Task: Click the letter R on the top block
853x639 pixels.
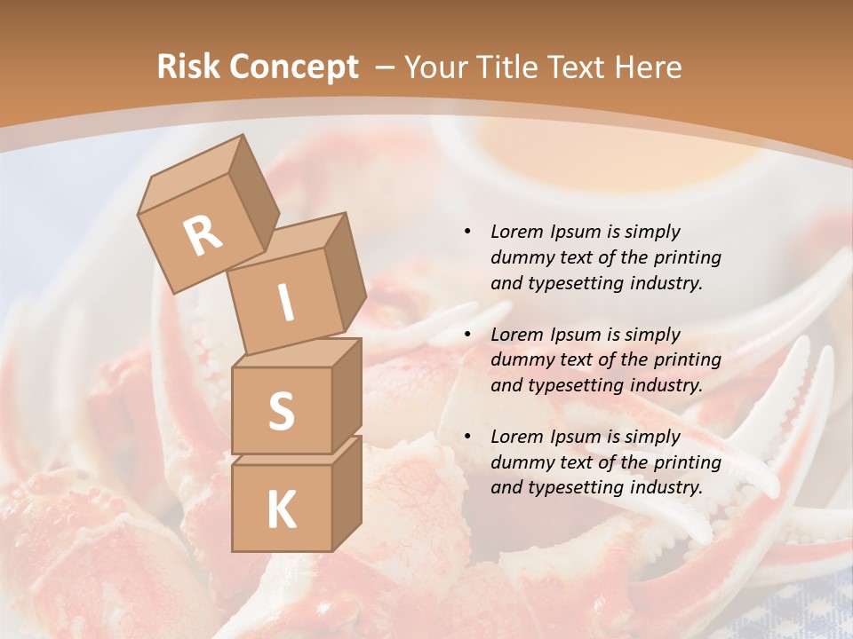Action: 203,235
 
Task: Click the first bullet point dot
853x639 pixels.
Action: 467,232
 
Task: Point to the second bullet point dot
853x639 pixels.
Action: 467,335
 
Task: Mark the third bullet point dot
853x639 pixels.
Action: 467,437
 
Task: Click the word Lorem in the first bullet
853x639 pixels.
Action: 515,232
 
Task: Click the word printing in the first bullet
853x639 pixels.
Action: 687,257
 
